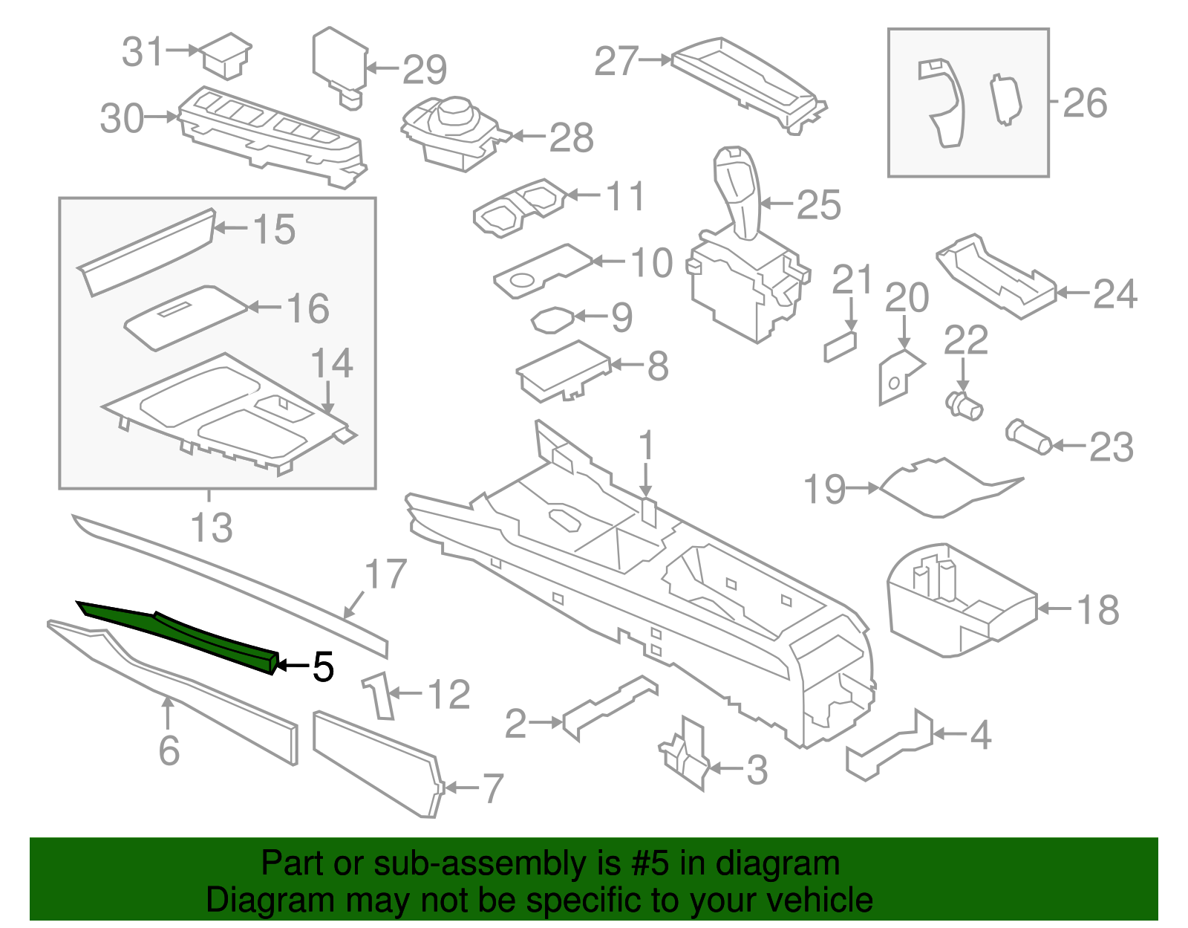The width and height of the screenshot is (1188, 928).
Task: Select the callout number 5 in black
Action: pyautogui.click(x=323, y=667)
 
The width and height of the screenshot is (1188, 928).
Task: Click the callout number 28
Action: pyautogui.click(x=571, y=137)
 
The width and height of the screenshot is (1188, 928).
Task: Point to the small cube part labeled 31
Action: pyautogui.click(x=226, y=54)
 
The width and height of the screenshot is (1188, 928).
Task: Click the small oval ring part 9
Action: pyautogui.click(x=551, y=319)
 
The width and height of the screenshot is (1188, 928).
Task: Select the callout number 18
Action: pyautogui.click(x=1097, y=610)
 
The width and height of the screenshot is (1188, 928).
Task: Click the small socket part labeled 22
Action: pyautogui.click(x=965, y=406)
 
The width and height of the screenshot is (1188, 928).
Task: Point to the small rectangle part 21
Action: pyautogui.click(x=840, y=347)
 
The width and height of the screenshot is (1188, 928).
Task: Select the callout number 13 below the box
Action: pyautogui.click(x=212, y=528)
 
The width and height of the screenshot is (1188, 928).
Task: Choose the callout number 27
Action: pyautogui.click(x=616, y=62)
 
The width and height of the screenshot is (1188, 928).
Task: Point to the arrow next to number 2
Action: pyautogui.click(x=547, y=722)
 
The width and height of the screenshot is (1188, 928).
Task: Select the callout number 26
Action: pyautogui.click(x=1085, y=103)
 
